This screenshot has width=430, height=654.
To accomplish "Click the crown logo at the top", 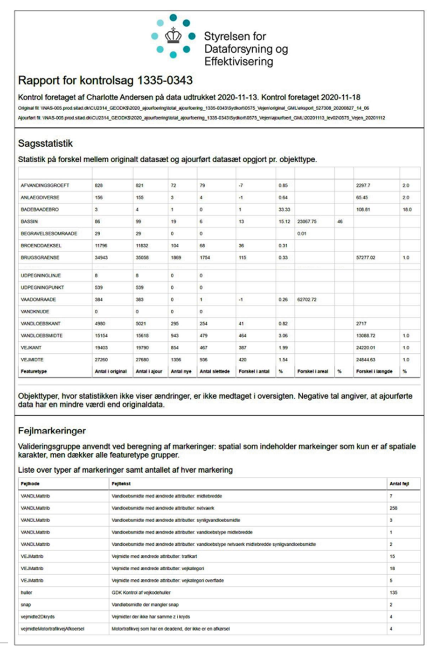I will (x=173, y=36).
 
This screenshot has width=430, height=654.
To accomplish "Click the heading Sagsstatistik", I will (x=45, y=143).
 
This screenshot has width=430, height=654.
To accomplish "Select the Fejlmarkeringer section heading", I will (x=52, y=430).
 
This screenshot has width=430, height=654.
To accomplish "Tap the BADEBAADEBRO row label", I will (x=40, y=210).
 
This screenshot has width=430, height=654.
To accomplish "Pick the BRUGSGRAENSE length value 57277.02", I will (x=366, y=257).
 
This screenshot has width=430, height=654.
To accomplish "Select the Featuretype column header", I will (x=34, y=371).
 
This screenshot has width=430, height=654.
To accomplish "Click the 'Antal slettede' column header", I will (x=215, y=371).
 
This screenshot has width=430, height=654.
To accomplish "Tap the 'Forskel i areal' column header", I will (x=312, y=371).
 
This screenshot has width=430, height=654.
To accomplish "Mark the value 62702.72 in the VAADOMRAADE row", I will (x=307, y=299).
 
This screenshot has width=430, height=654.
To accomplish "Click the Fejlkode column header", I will (x=30, y=483).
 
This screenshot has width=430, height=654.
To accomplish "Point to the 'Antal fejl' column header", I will (x=399, y=483).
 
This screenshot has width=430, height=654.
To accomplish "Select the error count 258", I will (x=394, y=508).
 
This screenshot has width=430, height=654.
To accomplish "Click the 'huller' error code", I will (x=27, y=592).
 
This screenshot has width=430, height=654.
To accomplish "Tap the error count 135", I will (x=394, y=592).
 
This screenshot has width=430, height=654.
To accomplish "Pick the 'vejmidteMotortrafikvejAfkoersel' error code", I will (x=52, y=629).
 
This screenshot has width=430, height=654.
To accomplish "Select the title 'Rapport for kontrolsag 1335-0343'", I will (x=105, y=80).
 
